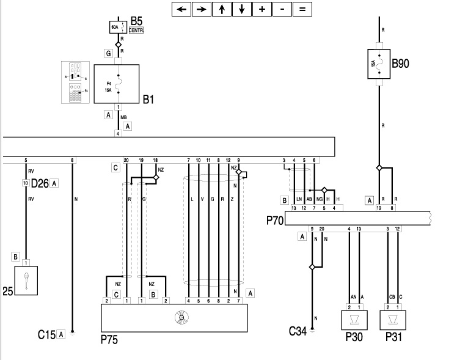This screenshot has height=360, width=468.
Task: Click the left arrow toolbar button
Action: tap(181, 9)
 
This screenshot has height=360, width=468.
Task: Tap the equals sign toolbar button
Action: tap(301, 9)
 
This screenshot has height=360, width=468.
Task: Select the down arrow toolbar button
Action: tap(241, 9)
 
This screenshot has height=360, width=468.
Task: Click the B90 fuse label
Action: tap(401, 62)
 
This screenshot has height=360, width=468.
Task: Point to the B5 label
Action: tap(137, 20)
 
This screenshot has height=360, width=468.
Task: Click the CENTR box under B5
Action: tap(136, 29)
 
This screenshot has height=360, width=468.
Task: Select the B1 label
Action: tap(149, 98)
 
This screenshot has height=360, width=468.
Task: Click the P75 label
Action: tap(110, 338)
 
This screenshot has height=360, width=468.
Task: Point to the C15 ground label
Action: tap(46, 334)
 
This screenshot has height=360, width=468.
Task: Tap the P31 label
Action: tap(393, 337)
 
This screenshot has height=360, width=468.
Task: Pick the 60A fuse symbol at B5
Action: tap(115, 28)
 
